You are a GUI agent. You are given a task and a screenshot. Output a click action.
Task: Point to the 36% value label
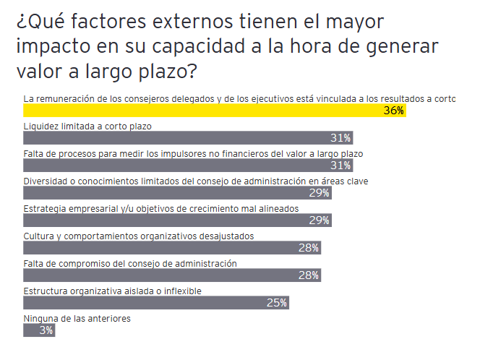pyautogui.click(x=393, y=111)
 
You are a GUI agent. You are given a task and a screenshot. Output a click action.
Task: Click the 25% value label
pyautogui.click(x=277, y=303)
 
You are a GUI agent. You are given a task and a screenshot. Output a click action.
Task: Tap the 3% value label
pyautogui.click(x=46, y=330)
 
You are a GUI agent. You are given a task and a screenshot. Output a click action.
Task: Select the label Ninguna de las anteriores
pyautogui.click(x=77, y=318)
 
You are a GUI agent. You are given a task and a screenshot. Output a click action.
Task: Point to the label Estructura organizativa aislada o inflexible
pyautogui.click(x=112, y=291)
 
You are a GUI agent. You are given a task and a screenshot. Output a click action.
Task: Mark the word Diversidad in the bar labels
pyautogui.click(x=48, y=181)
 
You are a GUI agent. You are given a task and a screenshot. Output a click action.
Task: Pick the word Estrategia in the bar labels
pyautogui.click(x=47, y=208)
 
